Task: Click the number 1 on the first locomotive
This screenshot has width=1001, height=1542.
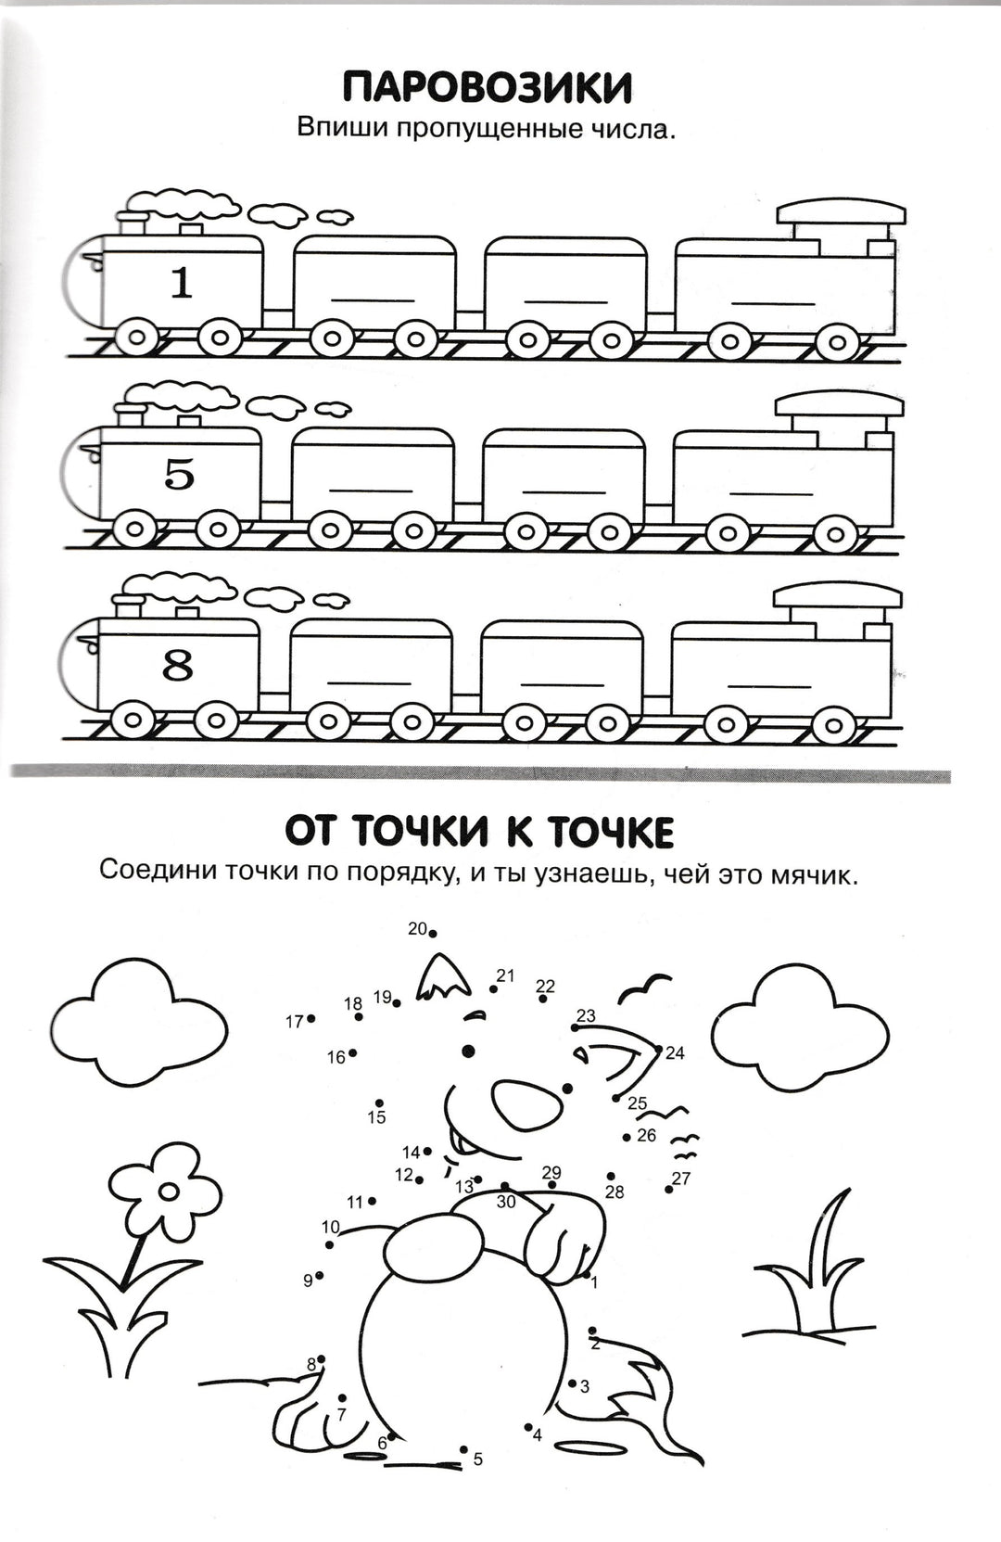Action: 182,283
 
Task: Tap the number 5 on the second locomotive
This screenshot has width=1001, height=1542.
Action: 180,475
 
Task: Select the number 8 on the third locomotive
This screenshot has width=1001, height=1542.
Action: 178,666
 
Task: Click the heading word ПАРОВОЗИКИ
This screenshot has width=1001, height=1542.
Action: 488,89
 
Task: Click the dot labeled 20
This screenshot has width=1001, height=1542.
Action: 433,934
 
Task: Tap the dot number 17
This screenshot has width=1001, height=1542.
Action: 311,1018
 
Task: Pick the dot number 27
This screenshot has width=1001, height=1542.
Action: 668,1189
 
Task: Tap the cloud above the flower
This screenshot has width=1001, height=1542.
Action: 139,1030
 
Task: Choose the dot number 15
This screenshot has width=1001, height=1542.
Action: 379,1102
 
